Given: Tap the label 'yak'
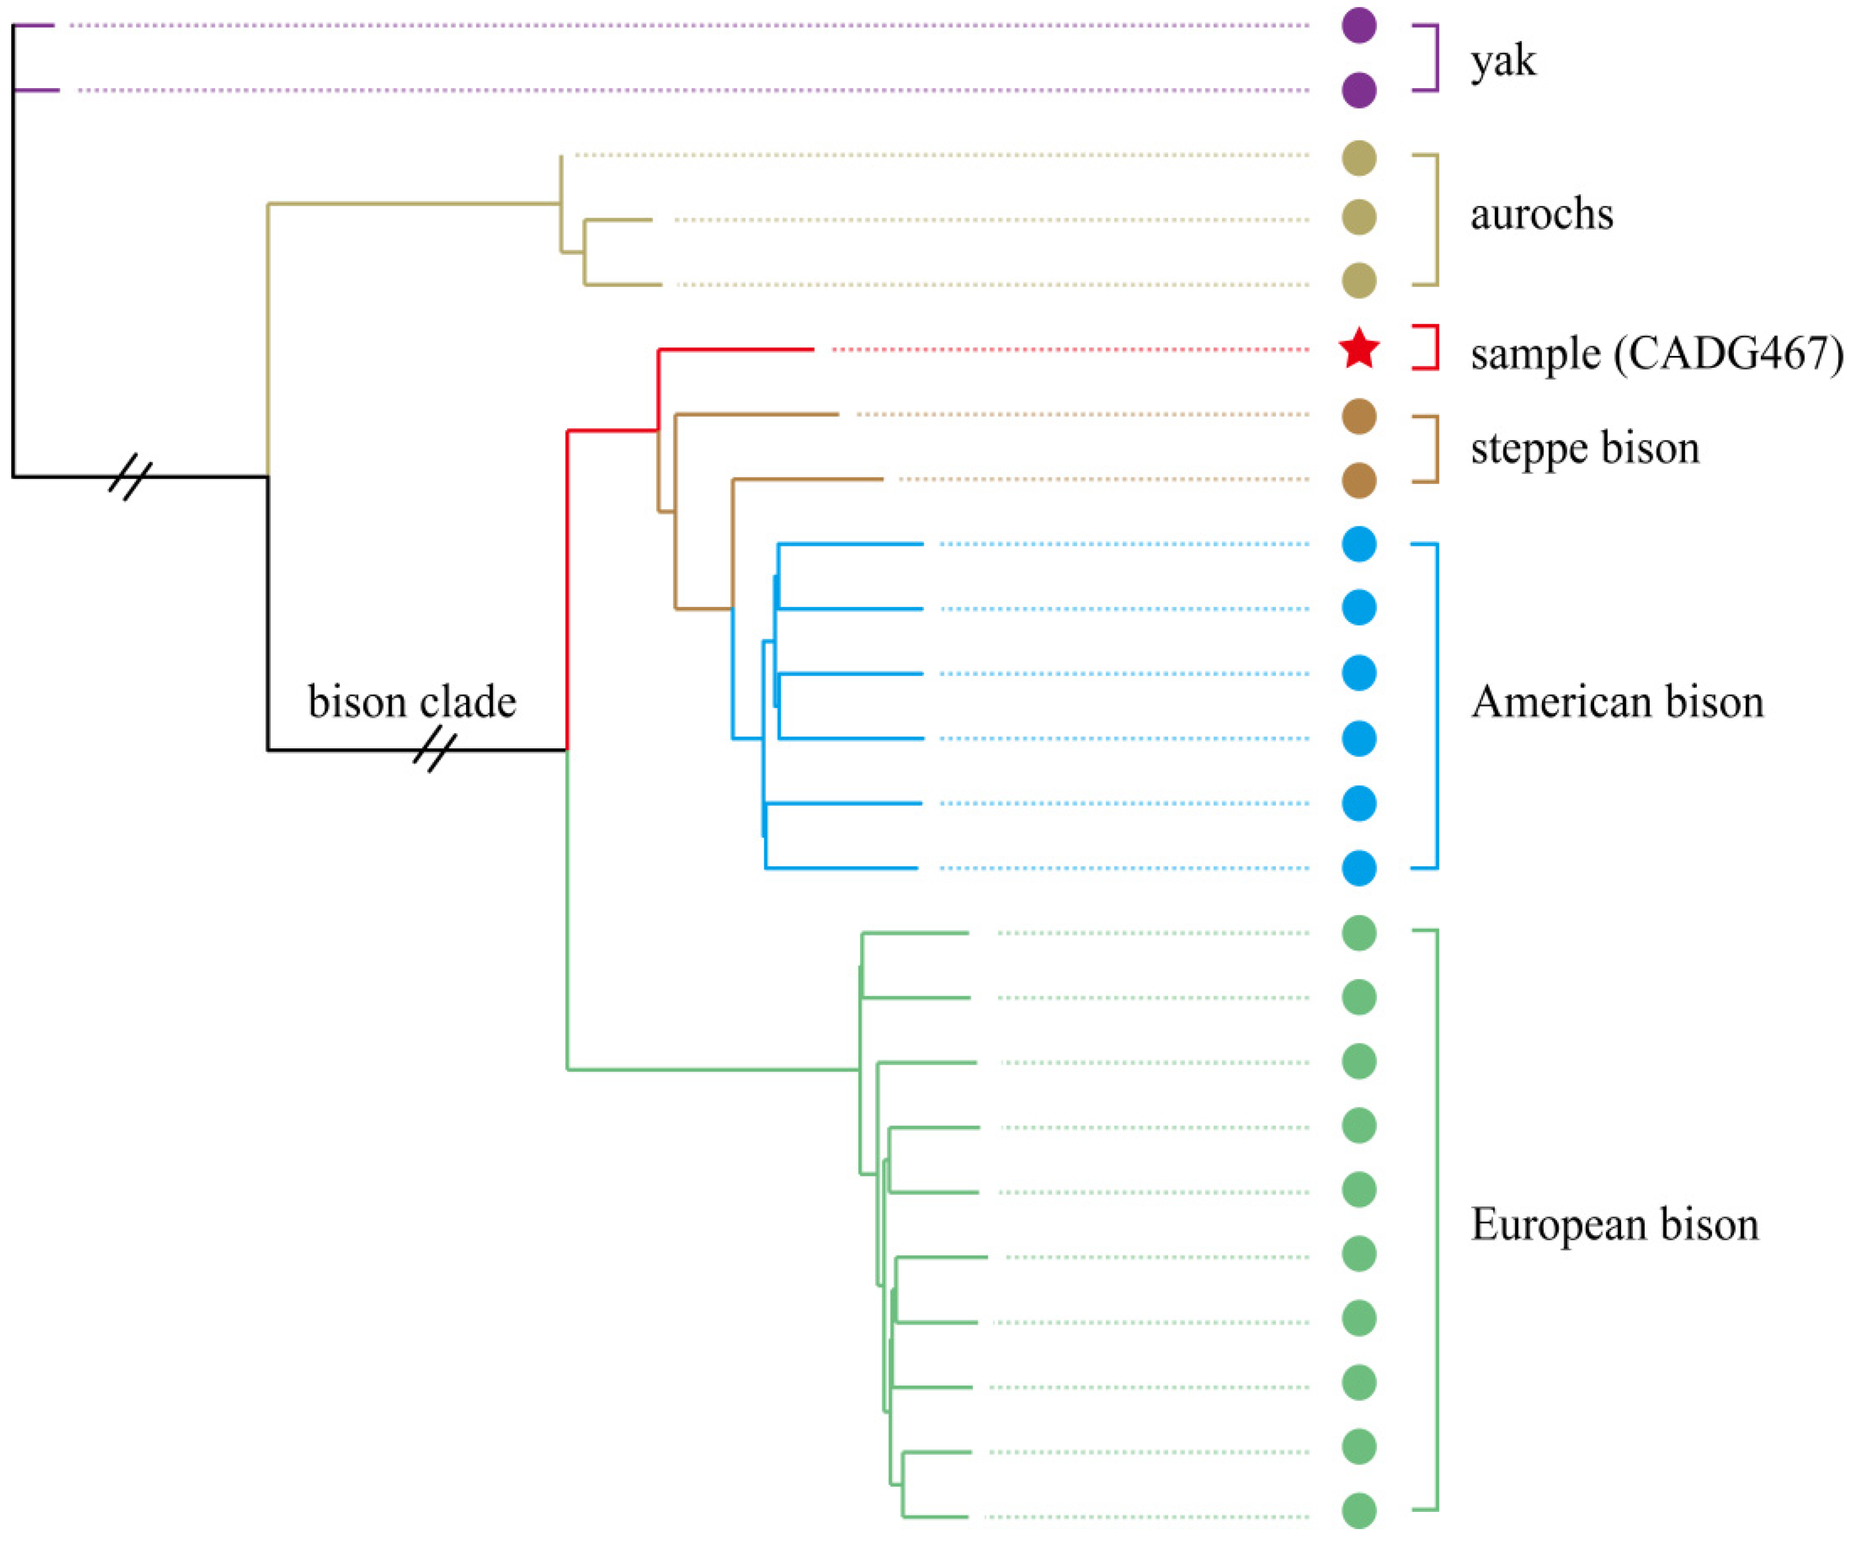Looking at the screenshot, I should (1503, 60).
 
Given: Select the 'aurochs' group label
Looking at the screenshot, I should (1541, 214).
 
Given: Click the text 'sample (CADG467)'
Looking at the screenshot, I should (1657, 354).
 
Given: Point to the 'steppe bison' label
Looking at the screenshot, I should (1584, 448).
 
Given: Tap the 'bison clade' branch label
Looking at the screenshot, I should (412, 702).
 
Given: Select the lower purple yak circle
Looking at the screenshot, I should (1359, 90).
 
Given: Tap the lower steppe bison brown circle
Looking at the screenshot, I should (1359, 480).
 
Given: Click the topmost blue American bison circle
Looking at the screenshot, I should (1359, 544).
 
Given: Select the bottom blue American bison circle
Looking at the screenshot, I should (1359, 868).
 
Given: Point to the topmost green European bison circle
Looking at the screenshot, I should (1359, 932).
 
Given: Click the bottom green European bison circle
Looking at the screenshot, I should (1359, 1511).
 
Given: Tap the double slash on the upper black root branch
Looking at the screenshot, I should (130, 477).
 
